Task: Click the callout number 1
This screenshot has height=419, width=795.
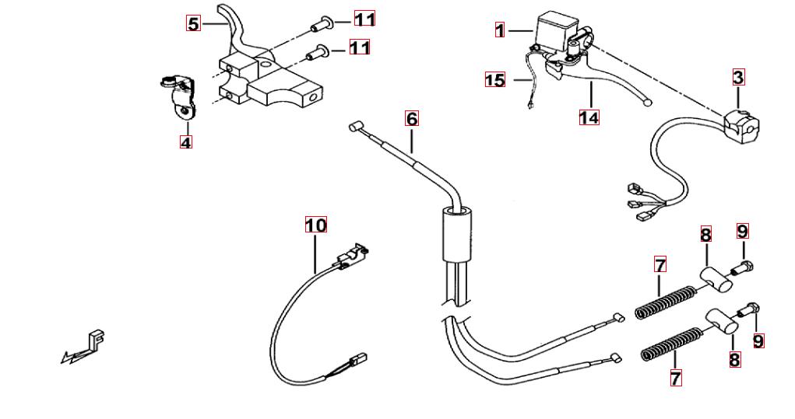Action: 500,30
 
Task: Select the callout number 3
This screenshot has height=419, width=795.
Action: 738,77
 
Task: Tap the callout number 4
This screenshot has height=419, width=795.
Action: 185,142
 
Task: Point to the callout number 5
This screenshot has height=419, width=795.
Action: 193,23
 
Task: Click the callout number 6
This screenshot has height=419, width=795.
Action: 411,118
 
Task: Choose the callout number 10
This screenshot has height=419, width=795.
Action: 315,225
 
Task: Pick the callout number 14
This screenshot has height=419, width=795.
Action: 589,118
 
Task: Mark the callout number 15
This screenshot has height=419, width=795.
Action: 494,80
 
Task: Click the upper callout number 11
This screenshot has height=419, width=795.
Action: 364,19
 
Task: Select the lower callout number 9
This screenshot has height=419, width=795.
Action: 758,340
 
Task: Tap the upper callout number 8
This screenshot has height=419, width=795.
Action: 705,234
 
